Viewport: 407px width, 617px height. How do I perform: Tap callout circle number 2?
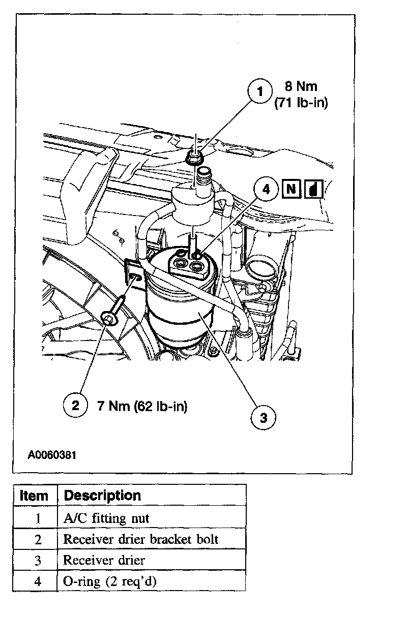pos(75,406)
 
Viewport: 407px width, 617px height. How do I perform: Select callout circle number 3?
pos(264,418)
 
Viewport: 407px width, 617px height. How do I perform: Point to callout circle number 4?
pos(266,190)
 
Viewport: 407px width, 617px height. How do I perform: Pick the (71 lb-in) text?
pos(301,103)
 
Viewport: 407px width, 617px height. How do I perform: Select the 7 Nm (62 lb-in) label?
pos(142,406)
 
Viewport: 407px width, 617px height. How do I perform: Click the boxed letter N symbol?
pos(290,190)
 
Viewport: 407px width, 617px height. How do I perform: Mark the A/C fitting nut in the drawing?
pos(194,158)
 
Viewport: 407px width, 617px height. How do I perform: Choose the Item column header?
pos(34,496)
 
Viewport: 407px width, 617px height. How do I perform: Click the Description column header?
pos(103,496)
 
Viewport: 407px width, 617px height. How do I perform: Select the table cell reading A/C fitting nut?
pos(106,518)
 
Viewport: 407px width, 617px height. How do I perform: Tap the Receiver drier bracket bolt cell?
pos(140,539)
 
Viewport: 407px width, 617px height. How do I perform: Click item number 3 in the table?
pos(38,561)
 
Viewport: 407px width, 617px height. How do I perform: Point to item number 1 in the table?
pos(38,518)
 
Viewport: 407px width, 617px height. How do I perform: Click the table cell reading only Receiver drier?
pos(104,561)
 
